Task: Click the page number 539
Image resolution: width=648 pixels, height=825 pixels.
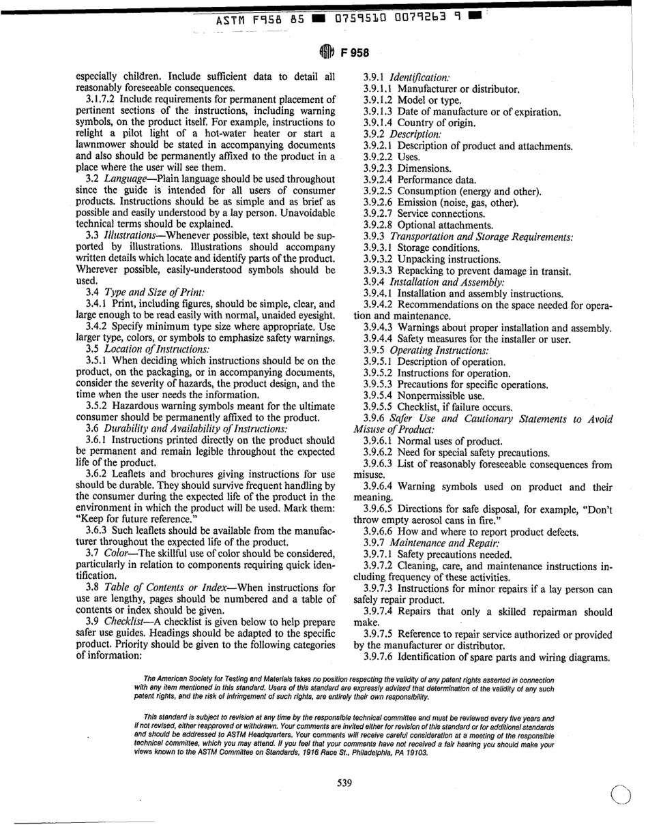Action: coord(344,783)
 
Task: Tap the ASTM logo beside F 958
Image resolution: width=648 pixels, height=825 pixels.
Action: coord(323,50)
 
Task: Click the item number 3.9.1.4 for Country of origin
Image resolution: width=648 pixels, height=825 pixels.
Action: coord(379,123)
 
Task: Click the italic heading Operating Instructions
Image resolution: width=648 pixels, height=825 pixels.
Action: coord(432,350)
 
